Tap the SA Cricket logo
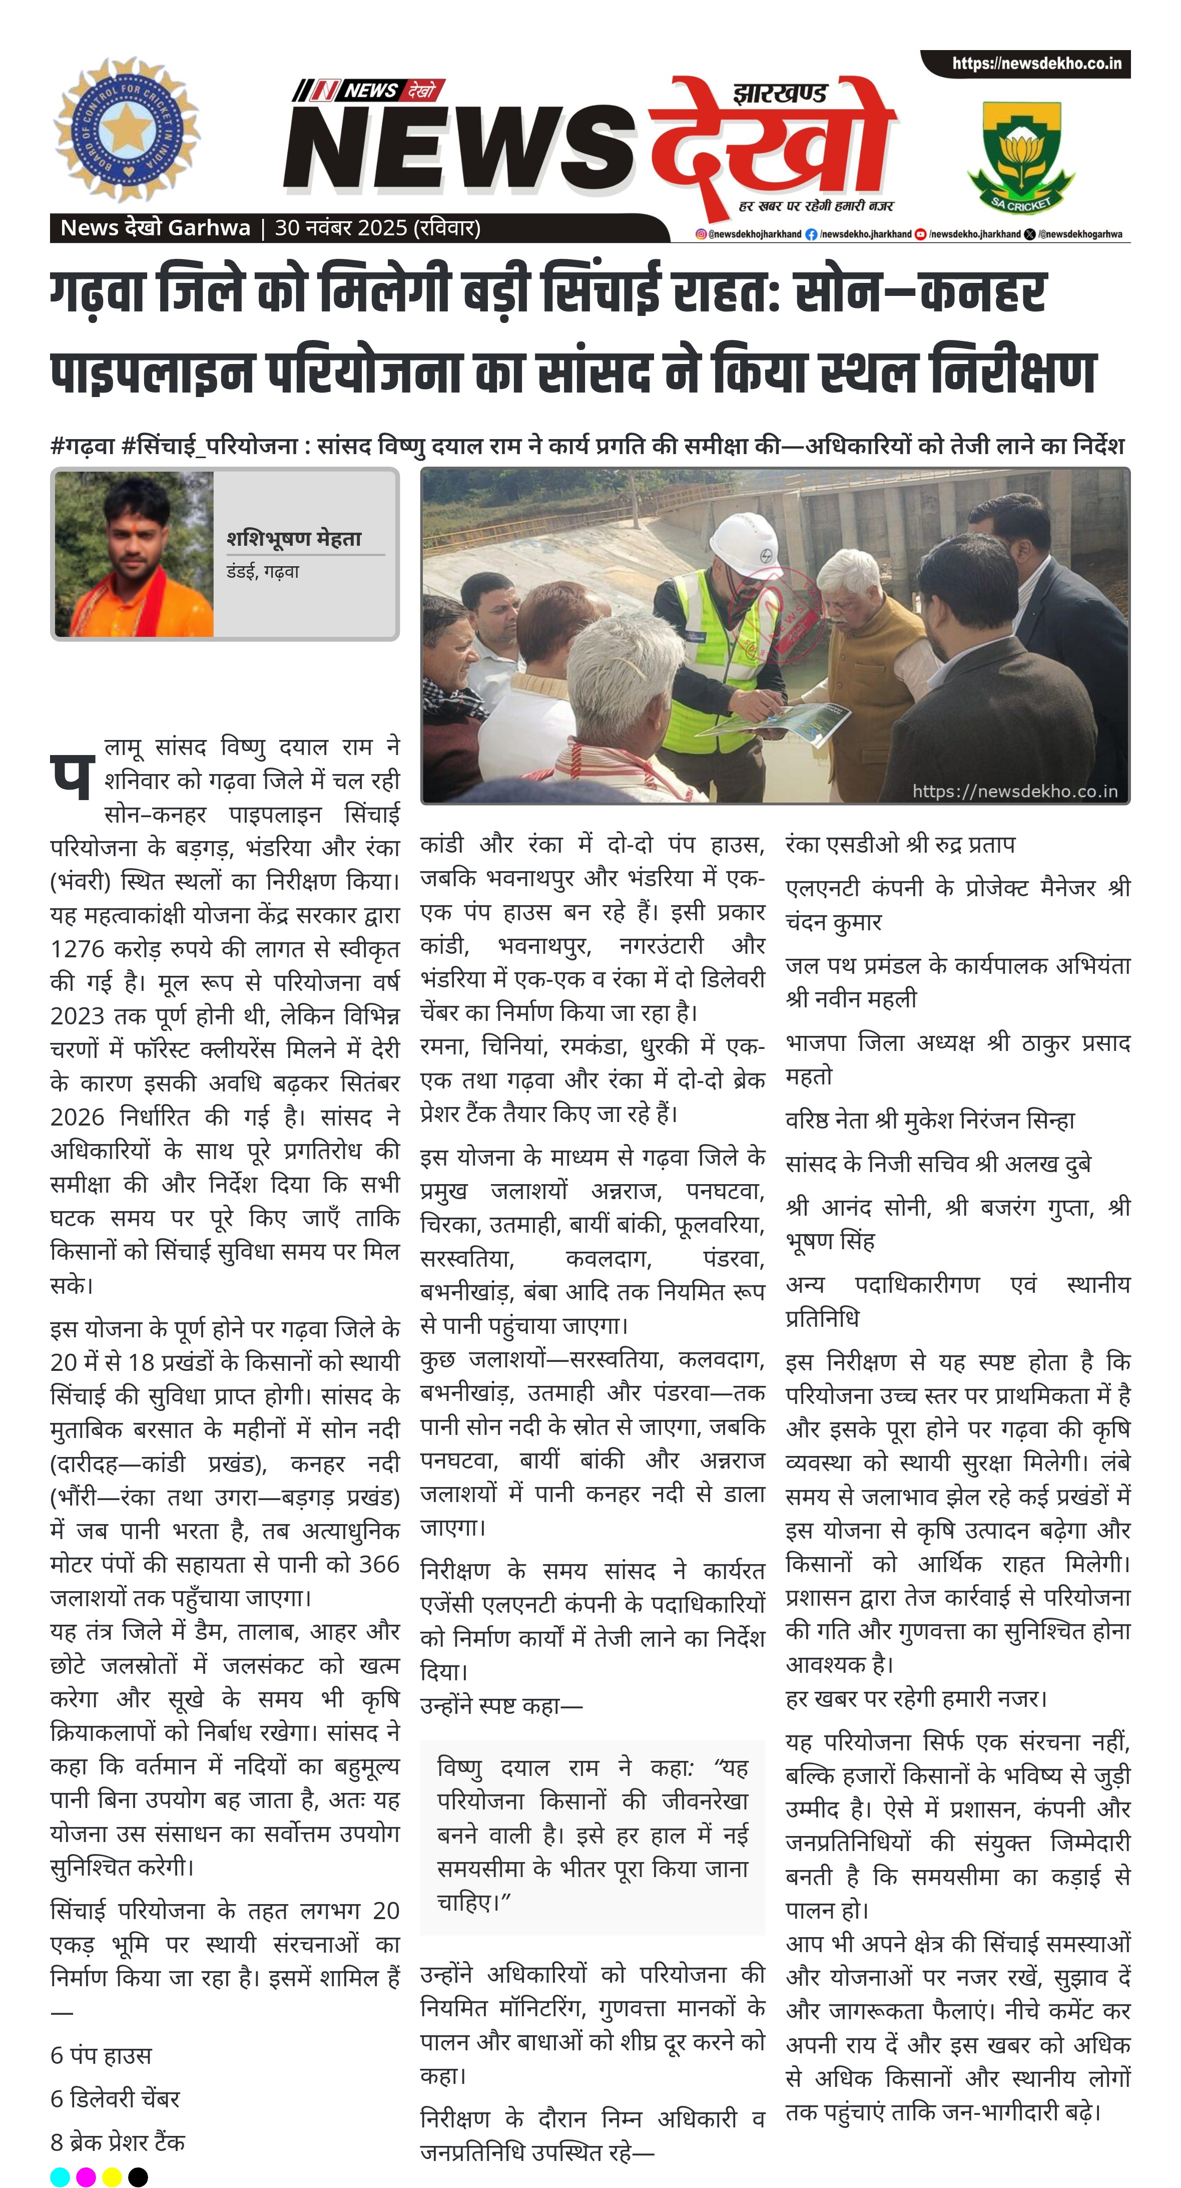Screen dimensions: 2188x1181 coord(1020,156)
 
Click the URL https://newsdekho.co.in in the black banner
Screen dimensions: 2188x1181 coord(1036,64)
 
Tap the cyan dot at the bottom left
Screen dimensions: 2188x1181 coord(60,2176)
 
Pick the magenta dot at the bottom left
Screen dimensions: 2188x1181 coord(86,2176)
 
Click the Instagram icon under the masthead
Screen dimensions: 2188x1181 coord(701,234)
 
